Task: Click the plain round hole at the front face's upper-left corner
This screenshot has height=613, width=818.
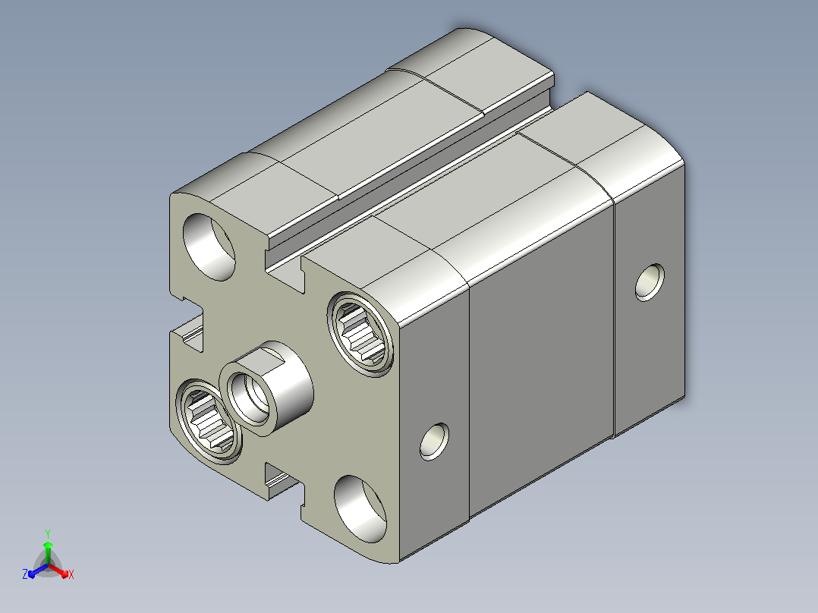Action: coord(209,247)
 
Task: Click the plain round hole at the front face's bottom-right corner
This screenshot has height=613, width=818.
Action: coord(360,508)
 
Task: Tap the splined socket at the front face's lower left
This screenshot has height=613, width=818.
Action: coord(209,420)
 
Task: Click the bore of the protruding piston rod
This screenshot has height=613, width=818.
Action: coord(250,398)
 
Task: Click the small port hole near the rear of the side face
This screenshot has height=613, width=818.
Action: coord(650,282)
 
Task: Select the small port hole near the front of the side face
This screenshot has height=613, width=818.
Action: coord(434,442)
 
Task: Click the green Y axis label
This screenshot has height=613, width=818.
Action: coord(48,533)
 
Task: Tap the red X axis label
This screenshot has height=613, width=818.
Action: coord(71,574)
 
